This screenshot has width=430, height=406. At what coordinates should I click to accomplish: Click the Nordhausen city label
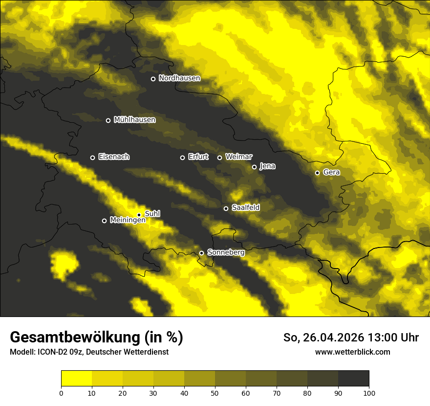pyautogui.click(x=179, y=78)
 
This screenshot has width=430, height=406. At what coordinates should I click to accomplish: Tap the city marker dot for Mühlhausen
pyautogui.click(x=108, y=120)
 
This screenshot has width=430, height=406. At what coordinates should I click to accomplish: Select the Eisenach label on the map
pyautogui.click(x=114, y=157)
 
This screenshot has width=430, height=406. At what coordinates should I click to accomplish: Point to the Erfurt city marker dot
pyautogui.click(x=183, y=158)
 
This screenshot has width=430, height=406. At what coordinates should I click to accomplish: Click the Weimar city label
pyautogui.click(x=239, y=157)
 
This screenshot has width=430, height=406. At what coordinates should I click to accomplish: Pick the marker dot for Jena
pyautogui.click(x=254, y=167)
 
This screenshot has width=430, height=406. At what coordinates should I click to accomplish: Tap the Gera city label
pyautogui.click(x=331, y=172)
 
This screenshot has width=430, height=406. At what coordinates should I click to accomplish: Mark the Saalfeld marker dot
pyautogui.click(x=226, y=208)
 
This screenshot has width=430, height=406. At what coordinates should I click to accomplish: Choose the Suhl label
pyautogui.click(x=152, y=214)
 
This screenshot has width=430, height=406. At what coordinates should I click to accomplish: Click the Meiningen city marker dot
pyautogui.click(x=104, y=221)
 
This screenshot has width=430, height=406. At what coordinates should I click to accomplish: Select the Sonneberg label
pyautogui.click(x=226, y=252)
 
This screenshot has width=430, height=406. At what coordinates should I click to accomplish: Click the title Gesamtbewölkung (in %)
pyautogui.click(x=96, y=338)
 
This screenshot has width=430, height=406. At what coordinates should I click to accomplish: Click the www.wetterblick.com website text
pyautogui.click(x=352, y=352)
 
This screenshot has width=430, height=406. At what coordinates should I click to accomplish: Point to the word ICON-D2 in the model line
pyautogui.click(x=54, y=352)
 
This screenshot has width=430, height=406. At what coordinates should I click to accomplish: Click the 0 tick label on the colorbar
pyautogui.click(x=61, y=393)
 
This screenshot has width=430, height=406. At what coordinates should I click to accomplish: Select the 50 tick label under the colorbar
pyautogui.click(x=215, y=393)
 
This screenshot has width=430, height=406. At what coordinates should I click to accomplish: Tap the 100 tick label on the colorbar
pyautogui.click(x=369, y=393)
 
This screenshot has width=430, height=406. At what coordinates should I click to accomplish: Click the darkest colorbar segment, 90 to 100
pyautogui.click(x=353, y=378)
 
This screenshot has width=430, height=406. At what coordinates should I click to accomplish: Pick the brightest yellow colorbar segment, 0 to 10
pyautogui.click(x=76, y=378)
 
